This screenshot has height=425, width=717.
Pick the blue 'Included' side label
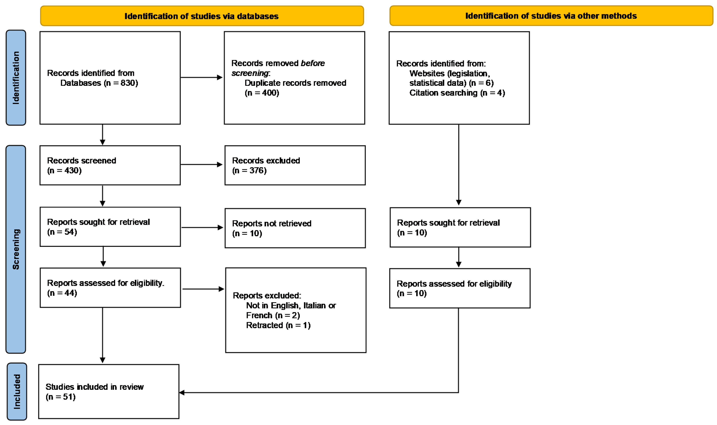point(17,391)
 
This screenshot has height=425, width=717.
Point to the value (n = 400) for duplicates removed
point(262,93)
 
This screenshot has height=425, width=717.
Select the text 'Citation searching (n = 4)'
point(457,93)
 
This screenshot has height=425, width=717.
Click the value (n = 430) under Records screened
point(64,171)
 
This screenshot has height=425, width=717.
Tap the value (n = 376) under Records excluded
point(249,171)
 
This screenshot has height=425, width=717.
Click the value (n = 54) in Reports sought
point(62,232)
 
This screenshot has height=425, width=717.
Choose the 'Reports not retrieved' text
point(271,223)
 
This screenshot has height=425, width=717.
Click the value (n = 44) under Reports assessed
point(62,293)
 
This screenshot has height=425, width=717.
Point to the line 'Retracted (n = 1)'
point(278,325)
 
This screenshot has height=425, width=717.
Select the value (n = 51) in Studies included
point(61,397)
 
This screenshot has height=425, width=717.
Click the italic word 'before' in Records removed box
point(313,63)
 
